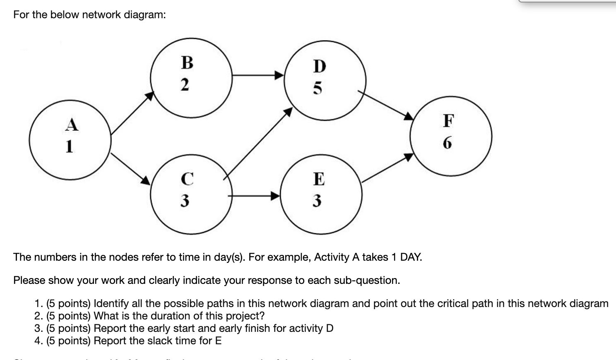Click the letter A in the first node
tap(72, 124)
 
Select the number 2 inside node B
tap(185, 84)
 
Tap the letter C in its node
tap(187, 179)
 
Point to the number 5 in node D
tap(317, 88)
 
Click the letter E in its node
tap(318, 179)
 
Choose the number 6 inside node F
tap(448, 143)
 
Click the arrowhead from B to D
tap(280, 75)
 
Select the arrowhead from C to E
tap(275, 195)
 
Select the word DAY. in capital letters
tap(411, 257)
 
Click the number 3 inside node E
tap(317, 201)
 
